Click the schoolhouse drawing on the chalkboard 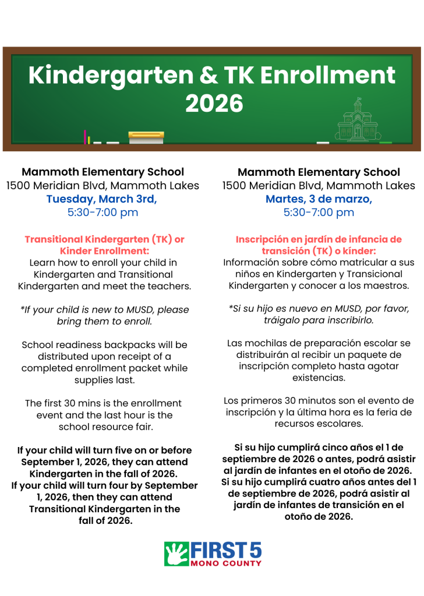pos(358,121)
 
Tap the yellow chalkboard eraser pos(146,137)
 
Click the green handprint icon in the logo pos(176,554)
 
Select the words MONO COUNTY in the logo pos(226,563)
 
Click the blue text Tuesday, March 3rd pos(102,199)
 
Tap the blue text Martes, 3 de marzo pos(319,199)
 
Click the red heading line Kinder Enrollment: pos(104,250)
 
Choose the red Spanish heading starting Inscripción pos(319,239)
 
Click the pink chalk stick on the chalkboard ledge pos(85,137)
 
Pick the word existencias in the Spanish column pos(319,378)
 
